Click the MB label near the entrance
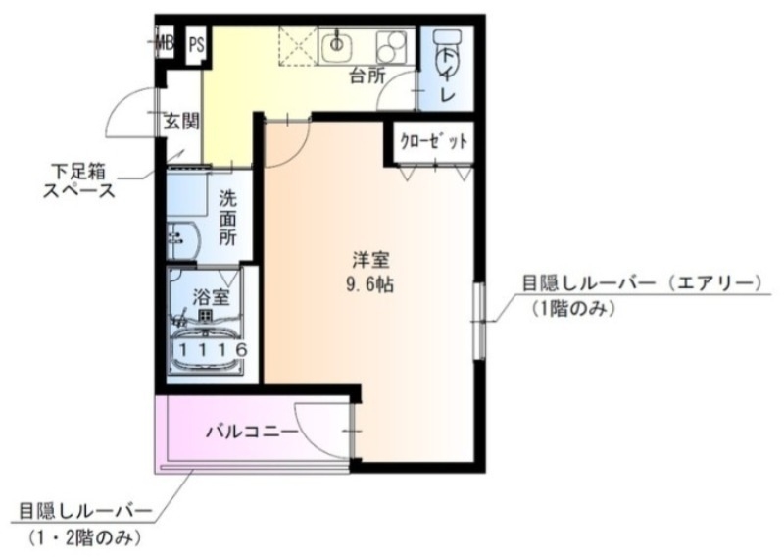pos(166,42)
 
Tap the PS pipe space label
pos(197,43)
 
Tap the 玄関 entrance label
pos(180,122)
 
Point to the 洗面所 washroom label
pos(228,216)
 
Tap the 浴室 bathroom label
pos(207,295)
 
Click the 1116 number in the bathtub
pos(210,349)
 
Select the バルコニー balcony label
pos(251,431)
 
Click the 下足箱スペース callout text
pos(77,180)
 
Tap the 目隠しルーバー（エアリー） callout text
pos(641,284)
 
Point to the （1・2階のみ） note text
pos(85,537)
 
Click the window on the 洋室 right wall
pos(479,316)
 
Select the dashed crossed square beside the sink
pos(295,44)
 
